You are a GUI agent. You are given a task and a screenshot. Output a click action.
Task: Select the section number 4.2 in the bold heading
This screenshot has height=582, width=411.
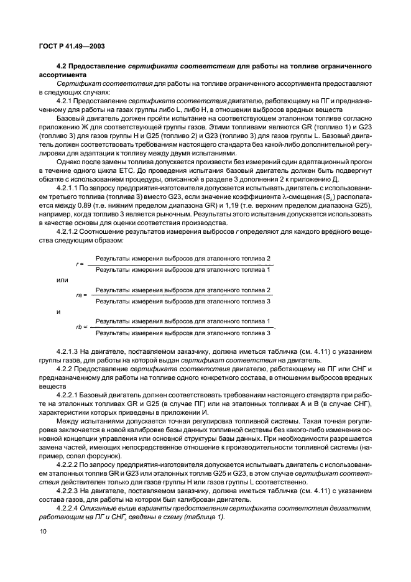[x=62, y=65]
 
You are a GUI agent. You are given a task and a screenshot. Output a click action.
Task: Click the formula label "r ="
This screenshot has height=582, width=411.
[x=80, y=264]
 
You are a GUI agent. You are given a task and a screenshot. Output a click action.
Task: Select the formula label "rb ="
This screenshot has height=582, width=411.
[x=81, y=326]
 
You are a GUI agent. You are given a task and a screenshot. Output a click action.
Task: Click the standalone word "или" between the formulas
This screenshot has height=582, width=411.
[x=62, y=280]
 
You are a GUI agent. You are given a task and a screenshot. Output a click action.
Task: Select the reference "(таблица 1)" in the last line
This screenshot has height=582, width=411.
[x=206, y=517]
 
